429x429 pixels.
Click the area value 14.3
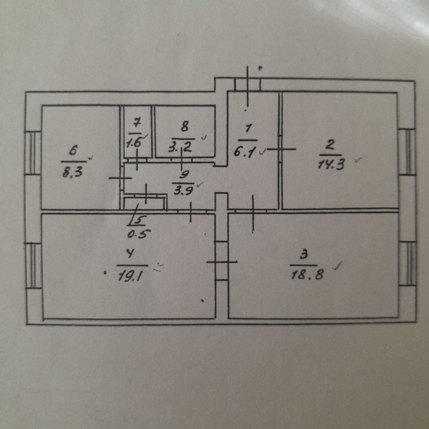coord(331,165)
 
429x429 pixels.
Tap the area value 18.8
coord(308,274)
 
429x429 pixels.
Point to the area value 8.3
coord(73,172)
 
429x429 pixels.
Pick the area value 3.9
coord(184,190)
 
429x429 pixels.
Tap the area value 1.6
coord(134,142)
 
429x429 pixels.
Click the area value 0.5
coord(139,234)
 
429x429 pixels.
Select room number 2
coord(331,145)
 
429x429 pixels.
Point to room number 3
coord(304,255)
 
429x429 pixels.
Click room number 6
coord(74,150)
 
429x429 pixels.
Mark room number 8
coord(185,127)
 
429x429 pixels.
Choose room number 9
coord(185,174)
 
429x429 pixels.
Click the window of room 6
coord(33,153)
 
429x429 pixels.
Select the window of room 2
coord(407,152)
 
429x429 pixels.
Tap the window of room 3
coord(408,263)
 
